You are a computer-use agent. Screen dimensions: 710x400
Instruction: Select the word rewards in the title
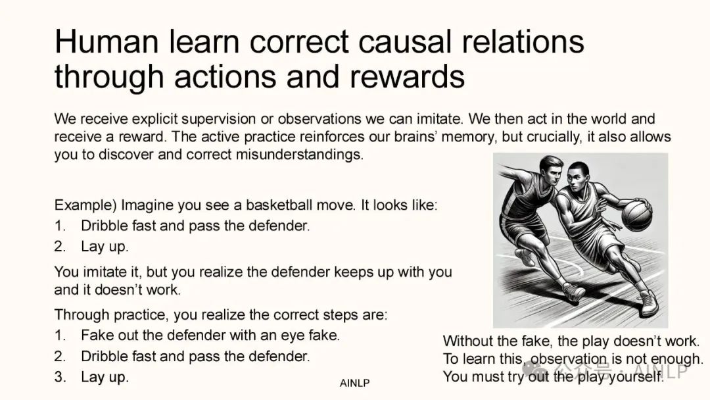click(407, 76)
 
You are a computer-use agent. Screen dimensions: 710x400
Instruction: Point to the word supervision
click(218, 119)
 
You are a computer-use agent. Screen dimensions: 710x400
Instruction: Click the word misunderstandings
click(299, 155)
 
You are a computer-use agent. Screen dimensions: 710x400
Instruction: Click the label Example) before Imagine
click(85, 205)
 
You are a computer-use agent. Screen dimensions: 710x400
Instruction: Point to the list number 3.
click(60, 377)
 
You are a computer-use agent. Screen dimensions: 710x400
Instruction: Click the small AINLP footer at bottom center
click(354, 384)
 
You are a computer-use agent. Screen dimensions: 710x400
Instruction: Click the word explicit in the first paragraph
click(155, 119)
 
